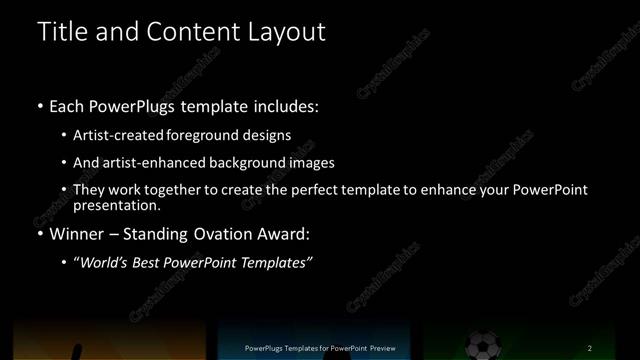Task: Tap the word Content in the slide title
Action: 192,31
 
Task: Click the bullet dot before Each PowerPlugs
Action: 39,104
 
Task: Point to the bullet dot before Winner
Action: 39,236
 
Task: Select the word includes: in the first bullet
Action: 288,104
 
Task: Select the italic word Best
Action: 155,262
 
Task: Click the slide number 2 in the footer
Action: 590,348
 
